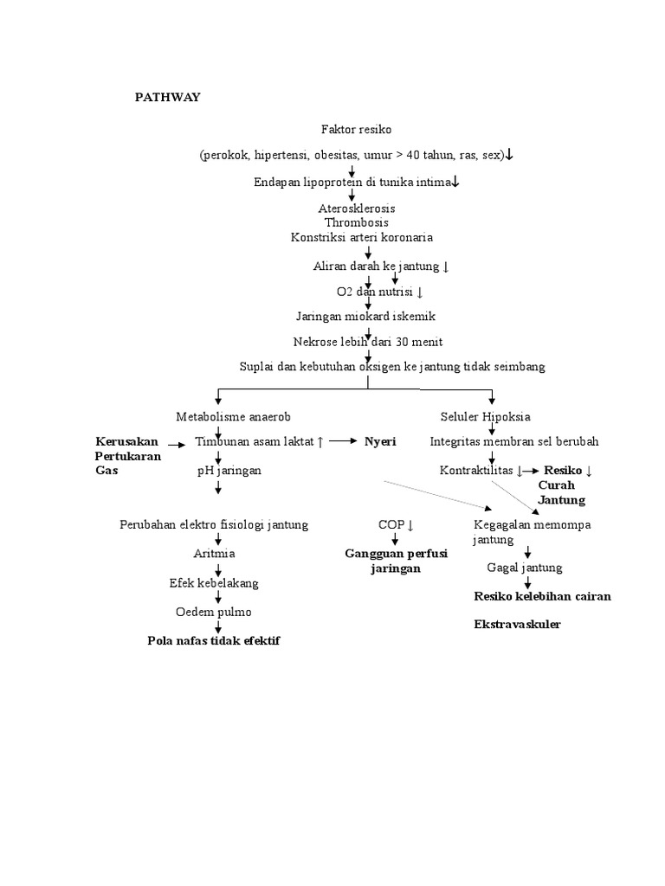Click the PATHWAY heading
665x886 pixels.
167,98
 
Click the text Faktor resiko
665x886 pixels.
356,130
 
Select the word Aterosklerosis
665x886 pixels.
356,209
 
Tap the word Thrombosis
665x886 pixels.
356,222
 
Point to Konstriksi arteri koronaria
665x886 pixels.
362,236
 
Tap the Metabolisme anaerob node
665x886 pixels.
228,416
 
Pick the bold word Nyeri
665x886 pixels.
379,441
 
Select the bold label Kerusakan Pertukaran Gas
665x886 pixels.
127,456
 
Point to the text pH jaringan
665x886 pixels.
229,471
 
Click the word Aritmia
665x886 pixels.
215,554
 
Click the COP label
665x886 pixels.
395,525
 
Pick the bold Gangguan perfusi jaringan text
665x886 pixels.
396,561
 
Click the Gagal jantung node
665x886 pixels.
524,568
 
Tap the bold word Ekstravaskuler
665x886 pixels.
517,624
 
